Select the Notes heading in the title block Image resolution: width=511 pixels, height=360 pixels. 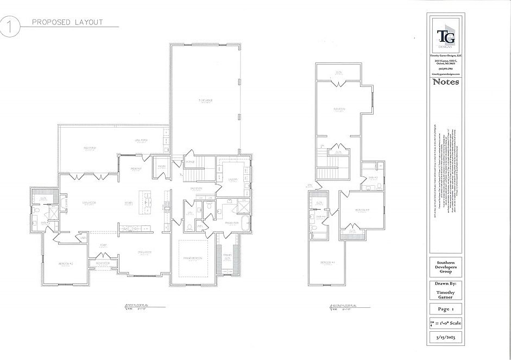(445, 83)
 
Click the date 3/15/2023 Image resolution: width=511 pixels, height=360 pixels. (445, 337)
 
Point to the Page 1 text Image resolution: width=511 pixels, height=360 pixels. (445, 308)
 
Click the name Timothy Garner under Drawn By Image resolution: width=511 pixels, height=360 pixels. (445, 294)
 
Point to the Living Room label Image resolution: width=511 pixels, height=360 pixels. (89, 203)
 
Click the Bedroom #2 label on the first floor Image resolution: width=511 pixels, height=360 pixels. (66, 264)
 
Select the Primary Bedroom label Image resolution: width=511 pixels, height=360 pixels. (192, 258)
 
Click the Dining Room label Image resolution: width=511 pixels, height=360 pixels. (144, 252)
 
